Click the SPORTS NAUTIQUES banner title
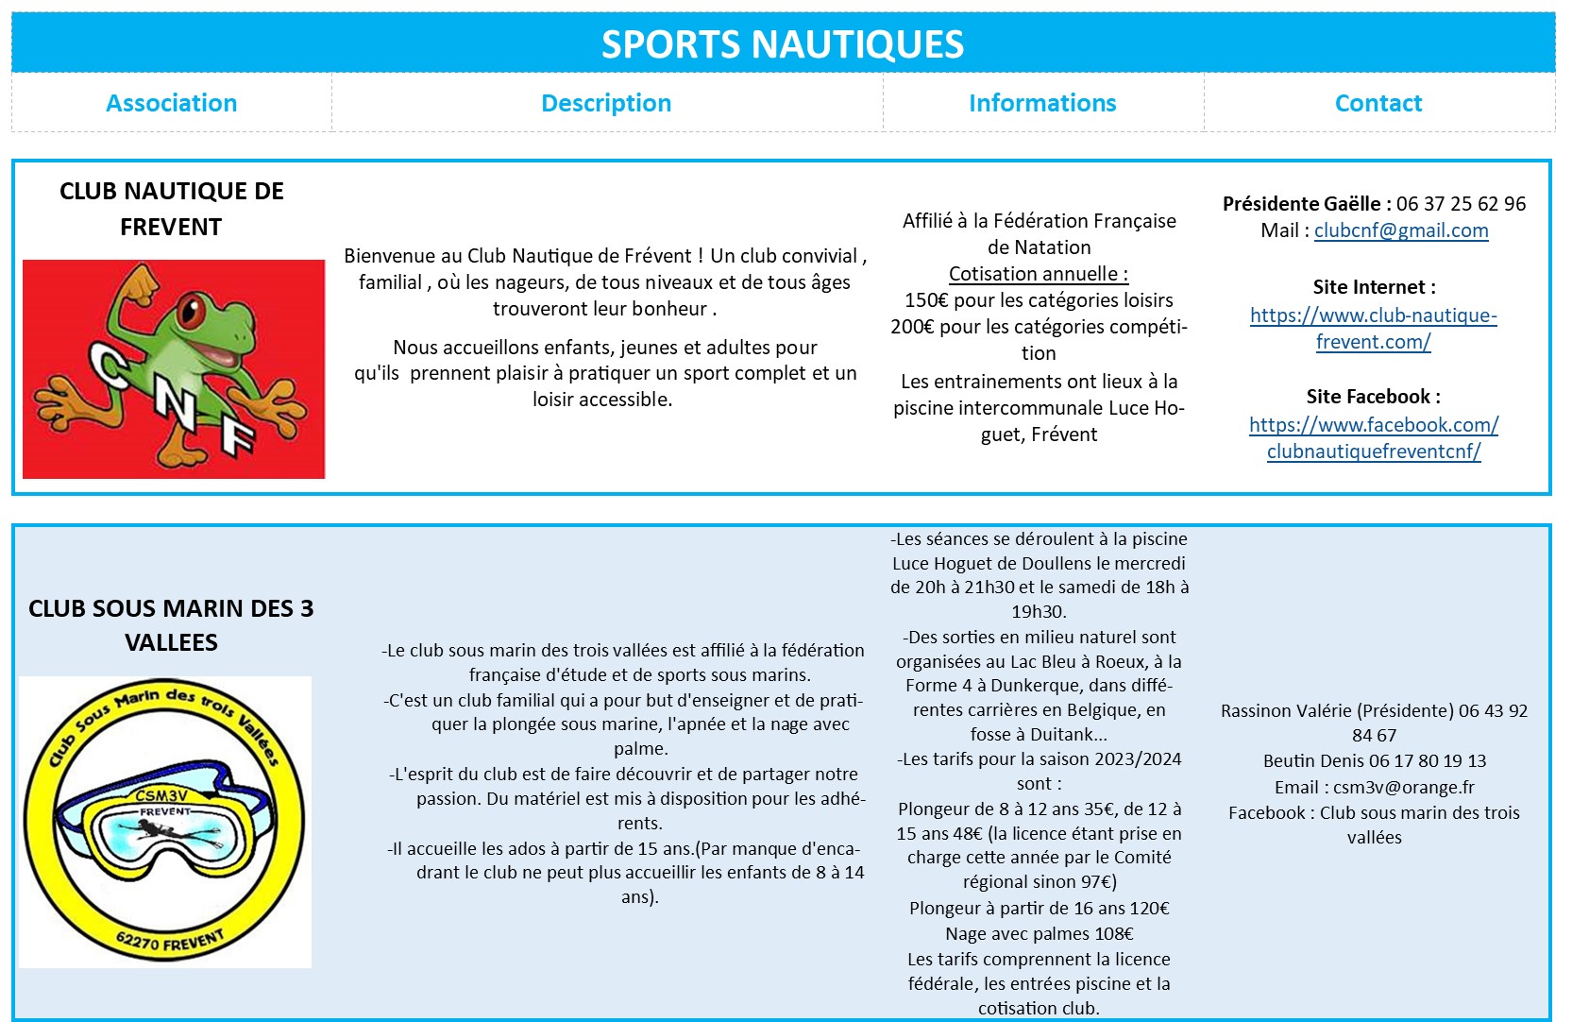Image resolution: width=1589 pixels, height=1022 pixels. pyautogui.click(x=783, y=44)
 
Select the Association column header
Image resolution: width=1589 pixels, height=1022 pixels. pyautogui.click(x=171, y=103)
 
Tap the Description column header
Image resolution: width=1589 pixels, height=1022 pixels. pyautogui.click(x=606, y=103)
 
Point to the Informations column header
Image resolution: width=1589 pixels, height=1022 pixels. pyautogui.click(x=1042, y=103)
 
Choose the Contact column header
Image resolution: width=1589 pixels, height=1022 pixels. pyautogui.click(x=1378, y=103)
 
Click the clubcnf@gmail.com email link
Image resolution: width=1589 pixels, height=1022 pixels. pyautogui.click(x=1401, y=230)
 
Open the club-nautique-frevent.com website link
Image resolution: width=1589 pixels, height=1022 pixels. pyautogui.click(x=1374, y=329)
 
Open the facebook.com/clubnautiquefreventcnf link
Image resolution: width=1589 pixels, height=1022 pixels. pyautogui.click(x=1374, y=438)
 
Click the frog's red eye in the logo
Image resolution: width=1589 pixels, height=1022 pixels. pyautogui.click(x=194, y=307)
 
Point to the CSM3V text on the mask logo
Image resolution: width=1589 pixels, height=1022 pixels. pyautogui.click(x=161, y=795)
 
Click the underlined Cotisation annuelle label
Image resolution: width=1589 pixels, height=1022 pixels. pyautogui.click(x=1039, y=274)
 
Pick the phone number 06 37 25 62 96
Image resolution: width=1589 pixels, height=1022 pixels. pyautogui.click(x=1461, y=204)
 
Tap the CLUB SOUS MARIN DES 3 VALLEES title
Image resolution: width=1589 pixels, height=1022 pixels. pyautogui.click(x=171, y=625)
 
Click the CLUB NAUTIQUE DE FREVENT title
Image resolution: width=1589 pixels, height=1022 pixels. pyautogui.click(x=171, y=209)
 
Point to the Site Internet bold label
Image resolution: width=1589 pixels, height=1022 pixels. pyautogui.click(x=1374, y=287)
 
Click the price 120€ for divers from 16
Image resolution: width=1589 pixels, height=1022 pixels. pyautogui.click(x=1150, y=909)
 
